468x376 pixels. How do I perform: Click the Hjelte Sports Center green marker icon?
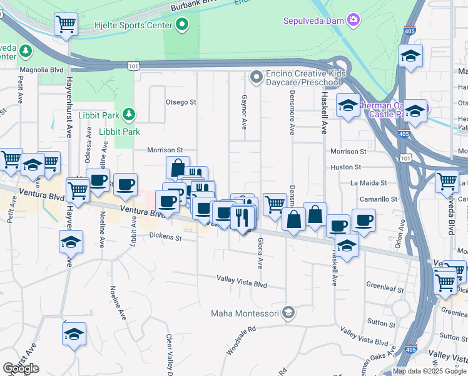tap(183, 25)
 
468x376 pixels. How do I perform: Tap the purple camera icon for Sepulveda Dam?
tap(354, 20)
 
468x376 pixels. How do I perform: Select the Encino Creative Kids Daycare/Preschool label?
tap(306, 78)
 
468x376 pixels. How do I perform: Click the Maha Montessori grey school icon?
tap(288, 312)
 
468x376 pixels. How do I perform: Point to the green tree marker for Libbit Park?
tap(128, 114)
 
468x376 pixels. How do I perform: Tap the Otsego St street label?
tap(181, 102)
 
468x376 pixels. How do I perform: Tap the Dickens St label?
tap(165, 238)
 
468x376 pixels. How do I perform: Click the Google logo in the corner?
tap(21, 368)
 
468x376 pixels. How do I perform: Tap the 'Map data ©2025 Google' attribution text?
tap(429, 371)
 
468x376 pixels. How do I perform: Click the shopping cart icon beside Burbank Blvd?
tap(66, 24)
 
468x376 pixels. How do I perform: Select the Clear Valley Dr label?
tap(169, 353)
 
